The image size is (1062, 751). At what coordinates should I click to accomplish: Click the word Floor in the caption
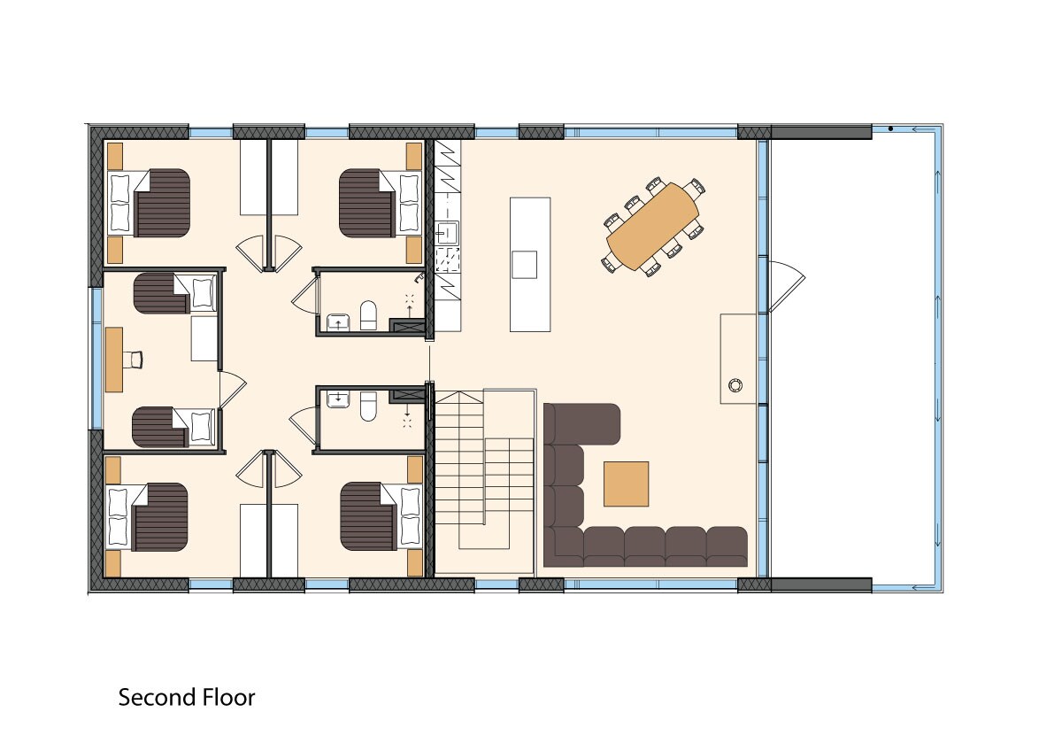coord(228,697)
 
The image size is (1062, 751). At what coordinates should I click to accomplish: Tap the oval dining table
coord(653,227)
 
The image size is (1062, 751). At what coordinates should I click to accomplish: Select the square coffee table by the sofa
coord(626,484)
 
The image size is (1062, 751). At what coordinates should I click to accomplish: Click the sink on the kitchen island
coord(524,265)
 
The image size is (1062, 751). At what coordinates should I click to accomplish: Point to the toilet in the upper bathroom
coord(368,315)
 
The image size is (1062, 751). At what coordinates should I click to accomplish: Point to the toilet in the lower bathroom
coord(368,406)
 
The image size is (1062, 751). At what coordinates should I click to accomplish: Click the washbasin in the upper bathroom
coord(338,322)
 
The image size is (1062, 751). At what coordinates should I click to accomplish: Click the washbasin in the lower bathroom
coord(338,399)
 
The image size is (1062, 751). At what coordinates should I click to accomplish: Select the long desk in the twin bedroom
coord(114,360)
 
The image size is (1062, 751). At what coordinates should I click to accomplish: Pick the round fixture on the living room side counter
coord(735,384)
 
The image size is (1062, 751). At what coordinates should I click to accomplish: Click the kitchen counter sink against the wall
coord(447,233)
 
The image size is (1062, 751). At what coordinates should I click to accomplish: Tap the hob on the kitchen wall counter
coord(448,259)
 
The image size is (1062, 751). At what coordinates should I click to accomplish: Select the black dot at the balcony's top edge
coord(890,128)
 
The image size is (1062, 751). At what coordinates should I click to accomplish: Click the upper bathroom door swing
coord(305,295)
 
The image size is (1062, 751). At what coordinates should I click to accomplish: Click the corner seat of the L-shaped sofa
coord(564,546)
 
